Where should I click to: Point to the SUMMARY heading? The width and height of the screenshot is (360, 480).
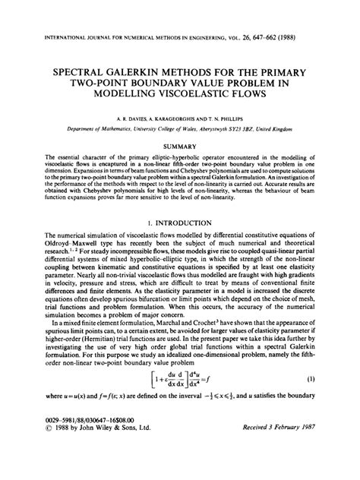180,144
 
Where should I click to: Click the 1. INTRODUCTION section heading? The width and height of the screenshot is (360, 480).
180,223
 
